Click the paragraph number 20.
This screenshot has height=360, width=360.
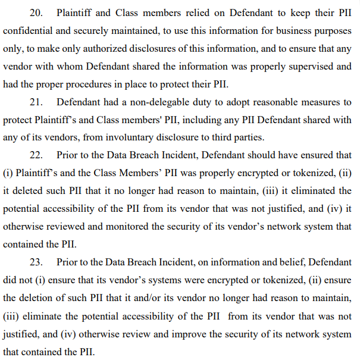36,13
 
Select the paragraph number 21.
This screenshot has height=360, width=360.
36,102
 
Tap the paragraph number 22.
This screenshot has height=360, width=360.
36,155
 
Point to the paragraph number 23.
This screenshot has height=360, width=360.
36,262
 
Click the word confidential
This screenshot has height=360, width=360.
27,31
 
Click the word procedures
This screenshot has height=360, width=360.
89,84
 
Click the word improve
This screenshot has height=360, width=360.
189,334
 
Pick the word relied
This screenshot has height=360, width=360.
198,13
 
